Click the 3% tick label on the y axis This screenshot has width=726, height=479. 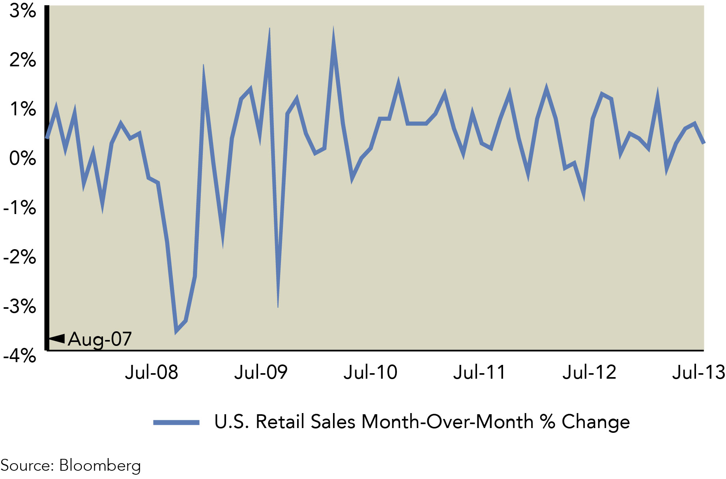click(x=22, y=11)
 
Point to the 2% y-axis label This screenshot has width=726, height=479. click(x=22, y=60)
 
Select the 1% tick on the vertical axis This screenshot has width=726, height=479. click(x=22, y=109)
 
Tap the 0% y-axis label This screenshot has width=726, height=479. click(x=22, y=158)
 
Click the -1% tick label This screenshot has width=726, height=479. click(x=19, y=208)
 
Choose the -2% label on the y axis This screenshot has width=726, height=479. click(x=19, y=257)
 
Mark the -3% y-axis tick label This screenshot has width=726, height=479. click(x=19, y=306)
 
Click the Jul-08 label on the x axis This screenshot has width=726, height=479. click(x=152, y=372)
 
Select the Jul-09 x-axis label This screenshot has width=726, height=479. click(x=261, y=372)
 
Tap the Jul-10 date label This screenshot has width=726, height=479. click(x=370, y=372)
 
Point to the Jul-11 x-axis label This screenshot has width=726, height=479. click(x=479, y=372)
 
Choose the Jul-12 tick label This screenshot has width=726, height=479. click(x=589, y=372)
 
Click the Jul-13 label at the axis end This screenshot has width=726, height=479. click(x=698, y=372)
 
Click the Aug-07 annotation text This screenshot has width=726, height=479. click(x=100, y=339)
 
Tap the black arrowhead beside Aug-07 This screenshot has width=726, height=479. click(x=57, y=338)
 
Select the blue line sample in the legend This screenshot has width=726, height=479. click(x=176, y=423)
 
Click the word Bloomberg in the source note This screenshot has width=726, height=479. click(x=100, y=466)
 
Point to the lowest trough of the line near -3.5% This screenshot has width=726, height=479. click(x=176, y=331)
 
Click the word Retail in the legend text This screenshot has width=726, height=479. click(x=281, y=422)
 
